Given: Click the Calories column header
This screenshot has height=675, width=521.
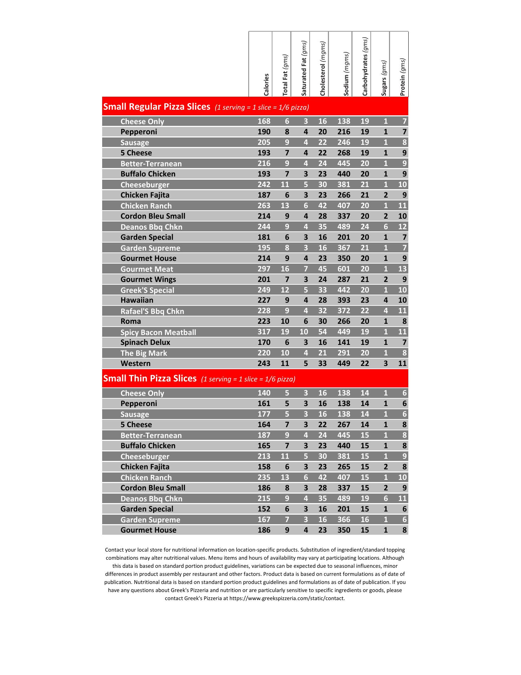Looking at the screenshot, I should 266,84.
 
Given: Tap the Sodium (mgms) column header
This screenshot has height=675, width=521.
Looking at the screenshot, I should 347,74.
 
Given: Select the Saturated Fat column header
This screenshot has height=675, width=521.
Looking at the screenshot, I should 304,68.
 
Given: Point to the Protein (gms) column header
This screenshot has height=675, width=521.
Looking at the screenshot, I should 403,77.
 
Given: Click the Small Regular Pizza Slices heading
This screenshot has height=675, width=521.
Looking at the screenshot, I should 157,107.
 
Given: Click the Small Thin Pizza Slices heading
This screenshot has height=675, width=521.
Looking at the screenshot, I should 150,378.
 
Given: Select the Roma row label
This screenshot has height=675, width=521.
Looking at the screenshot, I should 131,321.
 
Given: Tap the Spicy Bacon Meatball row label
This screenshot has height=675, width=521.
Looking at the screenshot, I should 158,332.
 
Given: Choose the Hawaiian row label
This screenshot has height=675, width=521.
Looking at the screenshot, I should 137,300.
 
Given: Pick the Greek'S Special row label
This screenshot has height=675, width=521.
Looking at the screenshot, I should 147,290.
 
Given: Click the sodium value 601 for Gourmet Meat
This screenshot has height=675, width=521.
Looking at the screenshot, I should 344,269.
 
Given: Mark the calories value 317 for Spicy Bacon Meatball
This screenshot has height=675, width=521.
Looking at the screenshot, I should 264,332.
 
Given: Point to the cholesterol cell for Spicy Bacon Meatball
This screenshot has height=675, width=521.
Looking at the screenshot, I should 322,332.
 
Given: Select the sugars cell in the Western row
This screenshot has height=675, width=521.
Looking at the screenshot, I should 385,364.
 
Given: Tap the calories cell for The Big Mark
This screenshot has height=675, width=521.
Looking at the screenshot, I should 264,353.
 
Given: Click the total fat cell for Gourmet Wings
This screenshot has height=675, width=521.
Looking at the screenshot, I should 287,279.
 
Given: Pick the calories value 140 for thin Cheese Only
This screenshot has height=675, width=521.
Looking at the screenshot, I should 264,393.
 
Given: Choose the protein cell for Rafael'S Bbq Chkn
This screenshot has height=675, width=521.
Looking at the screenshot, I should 402,311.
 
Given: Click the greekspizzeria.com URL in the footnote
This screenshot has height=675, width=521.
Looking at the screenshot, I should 287,598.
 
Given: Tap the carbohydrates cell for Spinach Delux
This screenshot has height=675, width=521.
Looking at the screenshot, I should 365,342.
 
